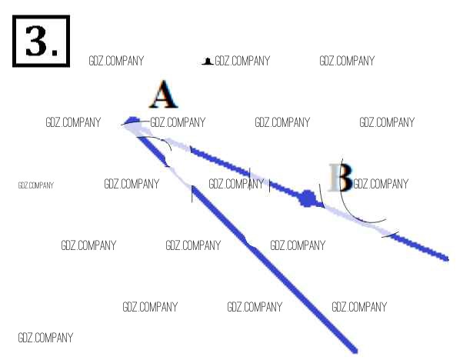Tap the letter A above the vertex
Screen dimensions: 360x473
[x=163, y=95]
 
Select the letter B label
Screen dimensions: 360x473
[x=340, y=178]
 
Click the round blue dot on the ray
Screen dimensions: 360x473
[x=308, y=198]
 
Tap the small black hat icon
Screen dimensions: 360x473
[x=206, y=61]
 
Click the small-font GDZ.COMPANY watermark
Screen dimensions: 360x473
[x=35, y=185]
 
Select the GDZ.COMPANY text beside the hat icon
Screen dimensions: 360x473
[x=242, y=61]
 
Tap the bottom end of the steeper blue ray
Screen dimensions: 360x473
[x=355, y=350]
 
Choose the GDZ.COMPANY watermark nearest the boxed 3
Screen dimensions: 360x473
[x=116, y=61]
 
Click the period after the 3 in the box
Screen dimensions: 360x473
[x=55, y=53]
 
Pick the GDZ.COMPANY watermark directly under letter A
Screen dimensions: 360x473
[x=178, y=122]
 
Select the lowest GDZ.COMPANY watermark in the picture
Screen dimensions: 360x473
[x=45, y=338]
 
